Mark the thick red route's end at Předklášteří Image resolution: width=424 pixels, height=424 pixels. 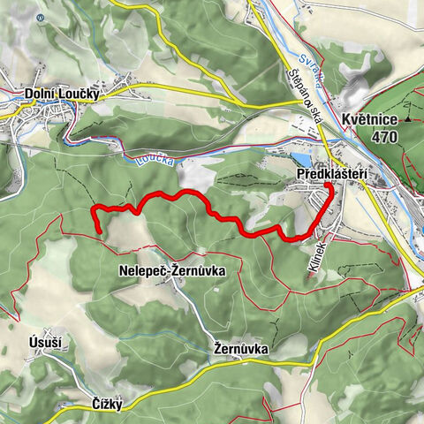pyautogui.click(x=325, y=185)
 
